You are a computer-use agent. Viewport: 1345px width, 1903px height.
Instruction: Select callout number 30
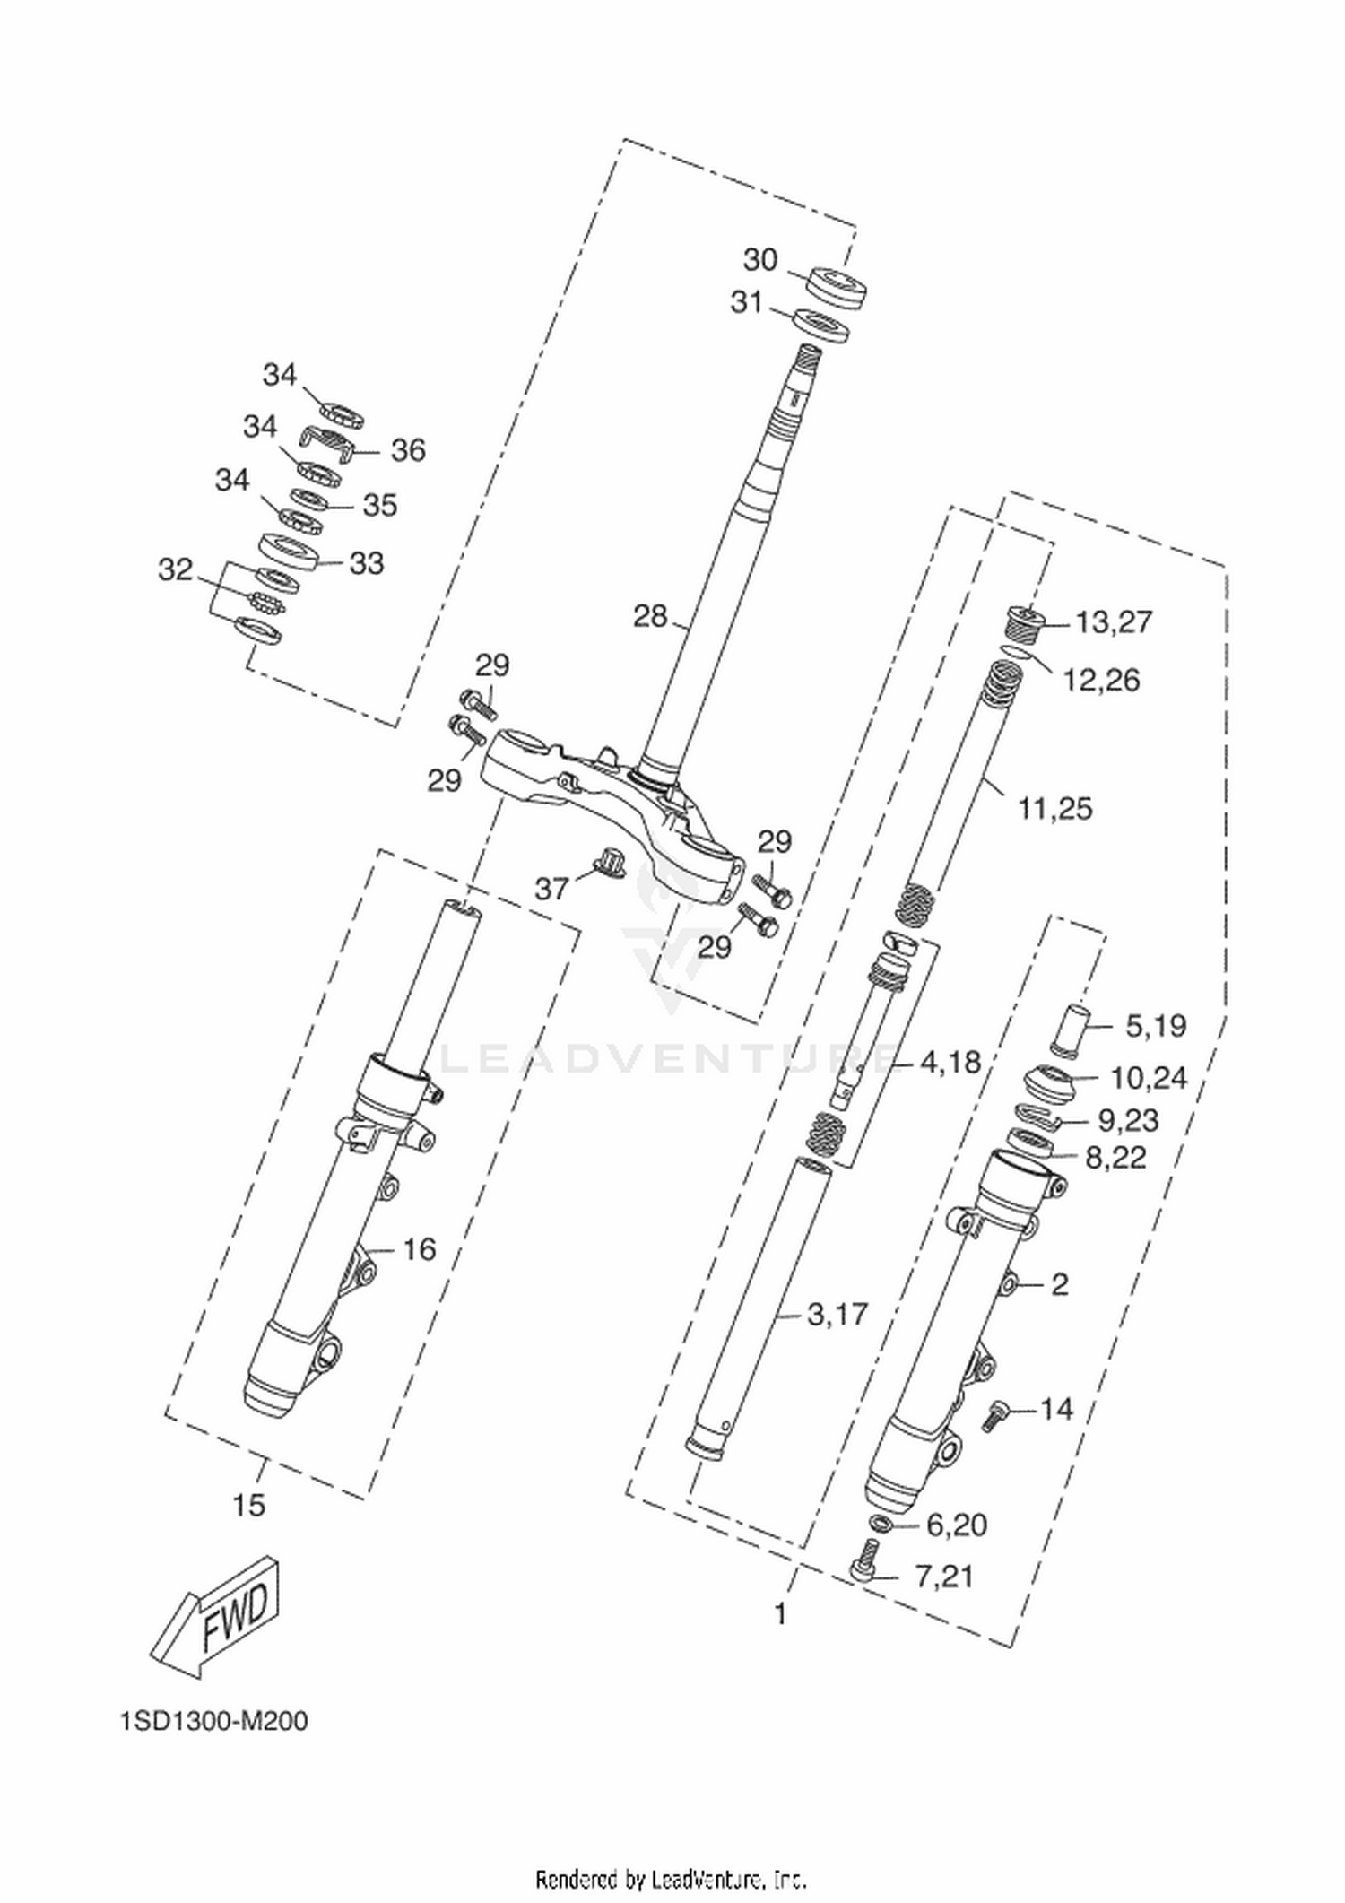click(x=760, y=260)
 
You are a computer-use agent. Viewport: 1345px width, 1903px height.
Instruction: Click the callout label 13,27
click(x=1114, y=621)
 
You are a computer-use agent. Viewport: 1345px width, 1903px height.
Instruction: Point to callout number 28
click(x=650, y=617)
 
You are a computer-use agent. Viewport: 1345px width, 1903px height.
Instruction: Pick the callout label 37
click(x=552, y=889)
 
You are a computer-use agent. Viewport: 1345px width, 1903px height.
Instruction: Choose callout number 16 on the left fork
click(x=419, y=1248)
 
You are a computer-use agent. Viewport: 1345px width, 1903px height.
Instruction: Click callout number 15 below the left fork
click(x=249, y=1504)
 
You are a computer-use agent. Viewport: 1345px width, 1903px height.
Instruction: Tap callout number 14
click(x=1056, y=1409)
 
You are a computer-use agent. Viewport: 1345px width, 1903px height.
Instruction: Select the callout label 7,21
click(x=943, y=1601)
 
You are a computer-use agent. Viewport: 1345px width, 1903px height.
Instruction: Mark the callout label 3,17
click(x=838, y=1315)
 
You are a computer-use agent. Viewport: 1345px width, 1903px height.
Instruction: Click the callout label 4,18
click(x=950, y=1062)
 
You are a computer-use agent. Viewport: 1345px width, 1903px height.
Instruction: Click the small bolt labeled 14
click(x=994, y=1416)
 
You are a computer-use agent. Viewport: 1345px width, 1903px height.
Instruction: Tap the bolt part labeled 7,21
click(x=864, y=1561)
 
